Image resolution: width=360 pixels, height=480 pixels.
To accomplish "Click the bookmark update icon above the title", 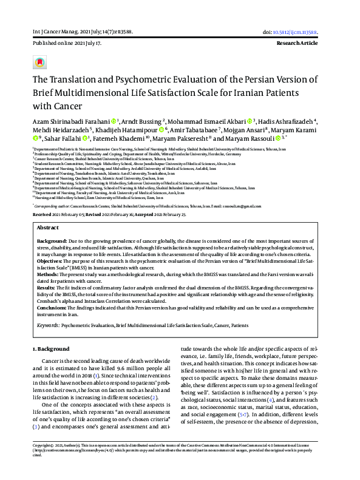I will [x=40, y=62].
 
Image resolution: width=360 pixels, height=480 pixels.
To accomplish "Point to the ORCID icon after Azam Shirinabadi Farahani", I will [x=114, y=121].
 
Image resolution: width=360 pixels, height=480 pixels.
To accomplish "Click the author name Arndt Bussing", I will [x=141, y=121].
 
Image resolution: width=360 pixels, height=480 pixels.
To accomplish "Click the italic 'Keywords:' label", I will [x=48, y=325].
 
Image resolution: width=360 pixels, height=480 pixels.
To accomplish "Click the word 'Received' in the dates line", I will [x=42, y=197].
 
